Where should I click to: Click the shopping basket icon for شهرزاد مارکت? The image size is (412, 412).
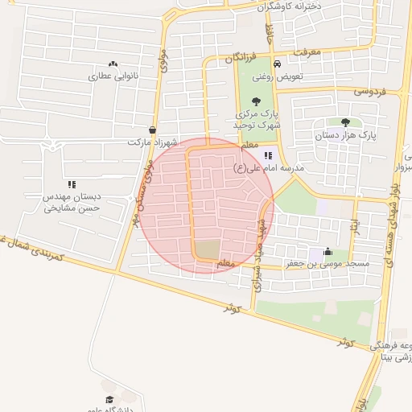153,130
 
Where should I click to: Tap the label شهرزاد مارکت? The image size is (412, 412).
150,142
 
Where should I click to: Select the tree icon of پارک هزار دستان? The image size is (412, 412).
345,122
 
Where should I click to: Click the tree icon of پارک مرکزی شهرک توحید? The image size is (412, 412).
256,101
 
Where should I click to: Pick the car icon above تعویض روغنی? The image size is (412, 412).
276,64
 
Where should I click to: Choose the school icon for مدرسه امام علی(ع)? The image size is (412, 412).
267,155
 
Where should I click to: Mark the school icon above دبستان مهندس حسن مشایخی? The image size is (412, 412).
72,184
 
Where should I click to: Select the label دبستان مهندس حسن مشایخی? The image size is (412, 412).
72,202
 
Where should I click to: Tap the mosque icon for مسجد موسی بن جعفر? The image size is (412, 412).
327,251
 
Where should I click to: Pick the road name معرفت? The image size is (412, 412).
307,51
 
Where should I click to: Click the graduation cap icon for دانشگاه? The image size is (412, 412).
109,399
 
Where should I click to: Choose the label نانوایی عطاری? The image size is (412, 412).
114,77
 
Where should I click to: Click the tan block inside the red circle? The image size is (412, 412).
208,249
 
